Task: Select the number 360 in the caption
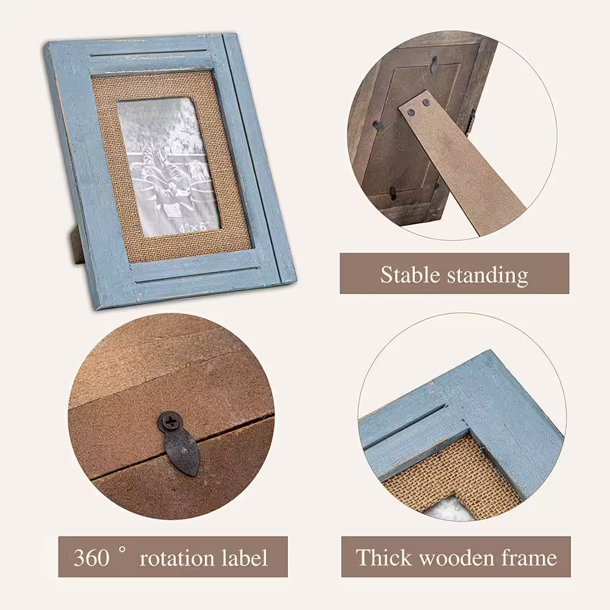click(x=91, y=558)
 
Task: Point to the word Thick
click(x=384, y=557)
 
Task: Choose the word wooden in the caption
click(x=456, y=558)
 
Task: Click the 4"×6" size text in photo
click(x=194, y=226)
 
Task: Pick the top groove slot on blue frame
click(x=150, y=53)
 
